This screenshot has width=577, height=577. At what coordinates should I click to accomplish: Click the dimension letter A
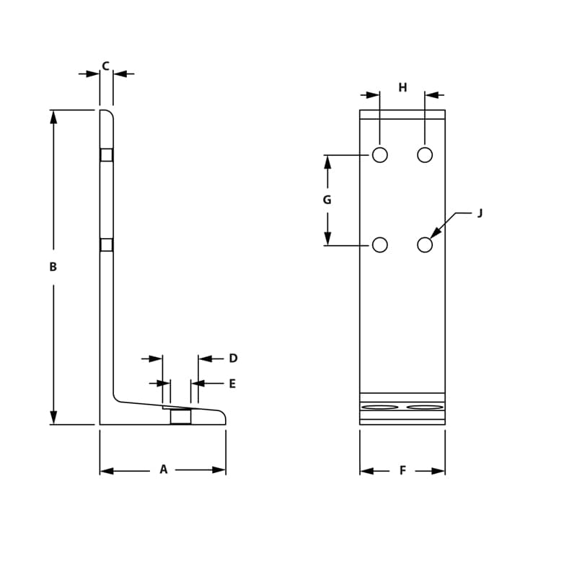[164, 470]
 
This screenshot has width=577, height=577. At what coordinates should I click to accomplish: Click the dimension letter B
[53, 267]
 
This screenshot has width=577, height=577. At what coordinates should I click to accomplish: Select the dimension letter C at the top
[105, 66]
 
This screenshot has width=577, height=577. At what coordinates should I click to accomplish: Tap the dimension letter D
[233, 358]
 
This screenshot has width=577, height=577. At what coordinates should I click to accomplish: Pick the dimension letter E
[232, 384]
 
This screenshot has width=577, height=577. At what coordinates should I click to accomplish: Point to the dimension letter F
[402, 470]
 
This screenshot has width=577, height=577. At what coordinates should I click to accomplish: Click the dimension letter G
[327, 200]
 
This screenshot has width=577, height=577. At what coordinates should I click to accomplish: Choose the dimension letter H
[402, 88]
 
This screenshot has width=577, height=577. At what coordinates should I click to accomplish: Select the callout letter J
[480, 213]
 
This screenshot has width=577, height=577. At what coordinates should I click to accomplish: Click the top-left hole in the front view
[380, 154]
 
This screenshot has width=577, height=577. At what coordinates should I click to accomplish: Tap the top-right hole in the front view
[425, 154]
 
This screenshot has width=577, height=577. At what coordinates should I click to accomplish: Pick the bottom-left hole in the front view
[380, 245]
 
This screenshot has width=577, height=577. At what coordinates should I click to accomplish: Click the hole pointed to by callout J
[425, 245]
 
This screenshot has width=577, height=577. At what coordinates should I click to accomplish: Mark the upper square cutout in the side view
[107, 155]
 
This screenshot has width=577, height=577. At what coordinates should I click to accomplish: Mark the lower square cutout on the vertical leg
[107, 245]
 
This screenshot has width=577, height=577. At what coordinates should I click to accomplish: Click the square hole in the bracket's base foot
[181, 416]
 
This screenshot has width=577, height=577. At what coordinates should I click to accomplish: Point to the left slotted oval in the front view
[380, 408]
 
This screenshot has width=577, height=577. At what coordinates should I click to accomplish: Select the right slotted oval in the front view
[425, 408]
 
